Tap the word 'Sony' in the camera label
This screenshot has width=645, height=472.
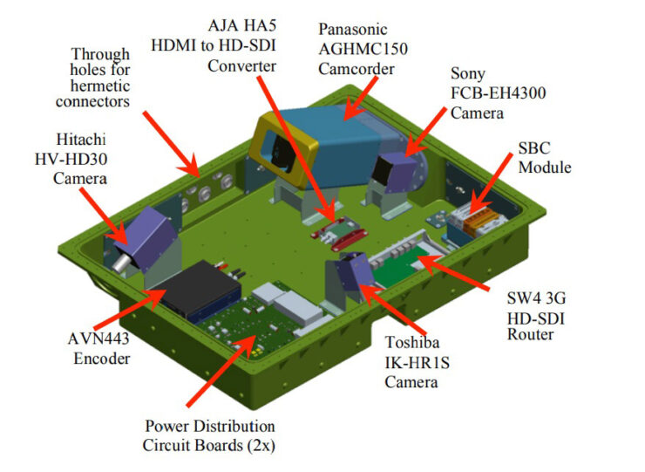(x=469, y=74)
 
